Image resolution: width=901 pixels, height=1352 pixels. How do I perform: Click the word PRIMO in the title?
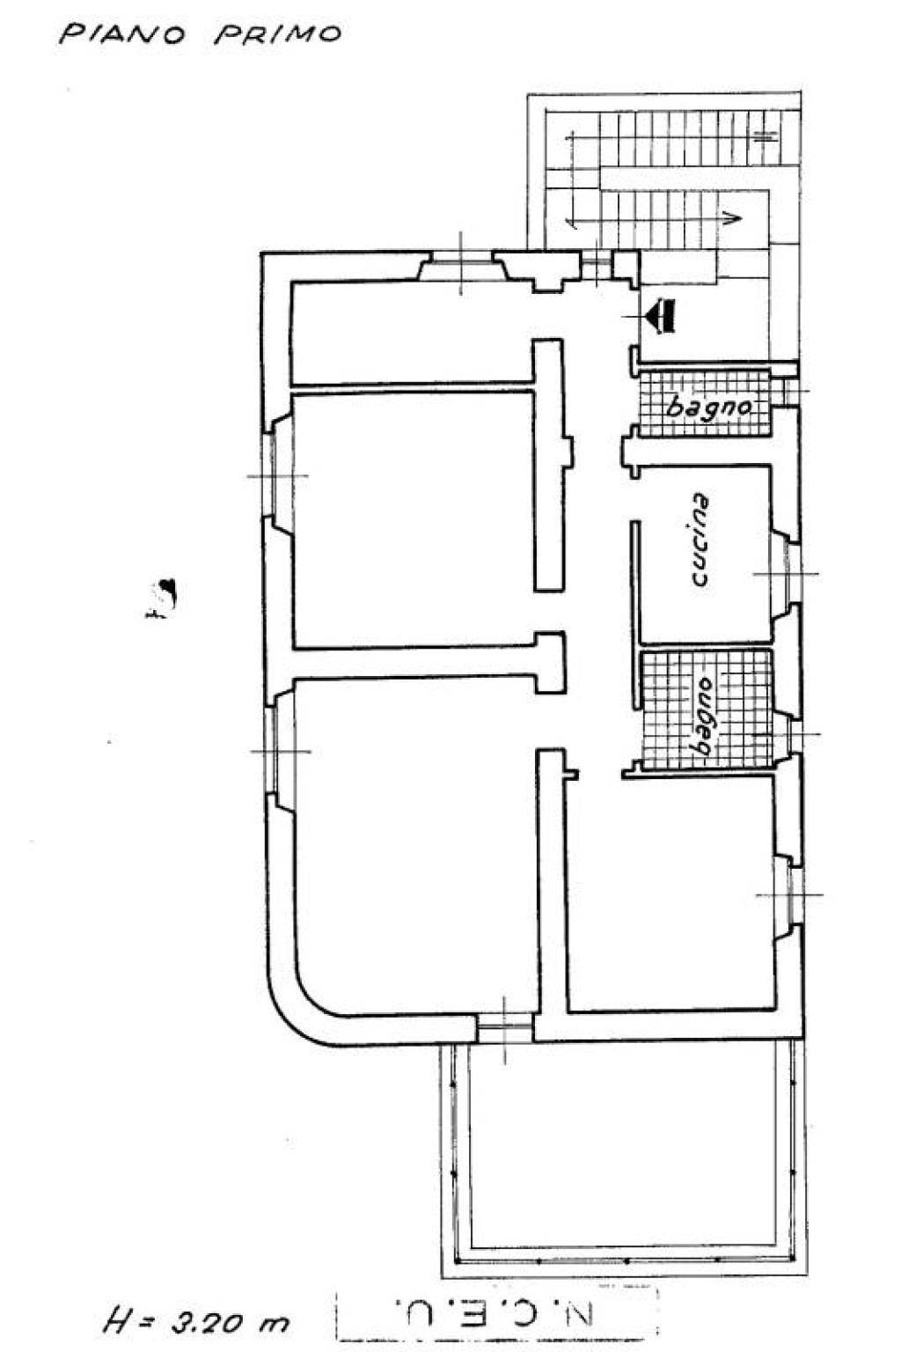277,33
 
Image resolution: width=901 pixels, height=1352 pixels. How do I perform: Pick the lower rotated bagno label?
700,717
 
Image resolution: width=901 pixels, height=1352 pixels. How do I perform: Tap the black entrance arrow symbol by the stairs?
660,316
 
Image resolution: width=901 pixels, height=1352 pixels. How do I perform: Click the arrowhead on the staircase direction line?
732,218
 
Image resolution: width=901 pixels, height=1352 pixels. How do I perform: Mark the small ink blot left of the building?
162,598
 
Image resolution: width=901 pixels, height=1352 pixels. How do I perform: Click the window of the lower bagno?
787,735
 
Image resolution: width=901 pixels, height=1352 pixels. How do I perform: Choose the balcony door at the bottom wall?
505,1026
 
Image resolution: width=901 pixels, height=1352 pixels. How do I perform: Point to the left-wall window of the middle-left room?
277,474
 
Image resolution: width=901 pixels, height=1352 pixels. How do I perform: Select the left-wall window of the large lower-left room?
280,751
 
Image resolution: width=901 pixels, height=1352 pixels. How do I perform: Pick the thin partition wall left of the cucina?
635,614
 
